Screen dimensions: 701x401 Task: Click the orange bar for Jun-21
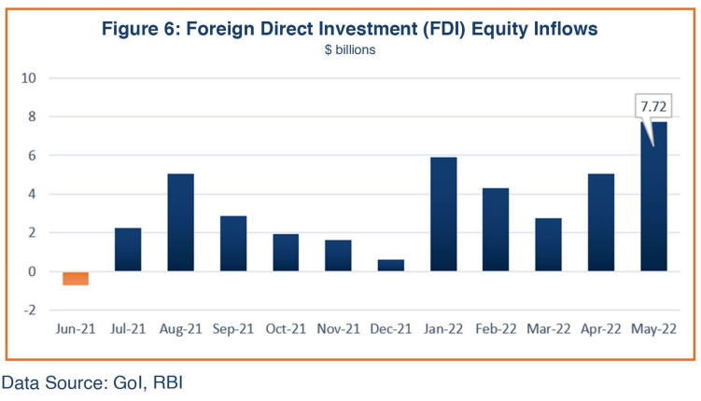76,278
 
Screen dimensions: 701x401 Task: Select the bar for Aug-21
180,222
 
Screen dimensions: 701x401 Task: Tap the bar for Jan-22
443,214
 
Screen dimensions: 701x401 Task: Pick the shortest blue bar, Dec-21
391,265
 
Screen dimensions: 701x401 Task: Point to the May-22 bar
653,197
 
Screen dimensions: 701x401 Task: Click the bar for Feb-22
496,229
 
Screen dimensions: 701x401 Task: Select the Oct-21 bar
286,253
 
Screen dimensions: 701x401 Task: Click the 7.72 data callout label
653,106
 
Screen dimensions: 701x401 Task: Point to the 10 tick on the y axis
29,78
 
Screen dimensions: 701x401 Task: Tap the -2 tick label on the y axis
30,310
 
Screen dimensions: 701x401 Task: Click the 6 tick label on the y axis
32,156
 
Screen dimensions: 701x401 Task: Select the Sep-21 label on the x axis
233,329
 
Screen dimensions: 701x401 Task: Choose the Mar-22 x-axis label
549,329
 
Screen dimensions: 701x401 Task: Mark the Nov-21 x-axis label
339,329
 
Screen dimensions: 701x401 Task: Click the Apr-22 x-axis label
601,329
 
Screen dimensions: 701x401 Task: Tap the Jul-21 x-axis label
128,329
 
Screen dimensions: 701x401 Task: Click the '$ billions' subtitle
350,49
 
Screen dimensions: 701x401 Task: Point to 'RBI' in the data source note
168,382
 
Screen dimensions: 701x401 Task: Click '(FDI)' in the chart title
442,30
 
